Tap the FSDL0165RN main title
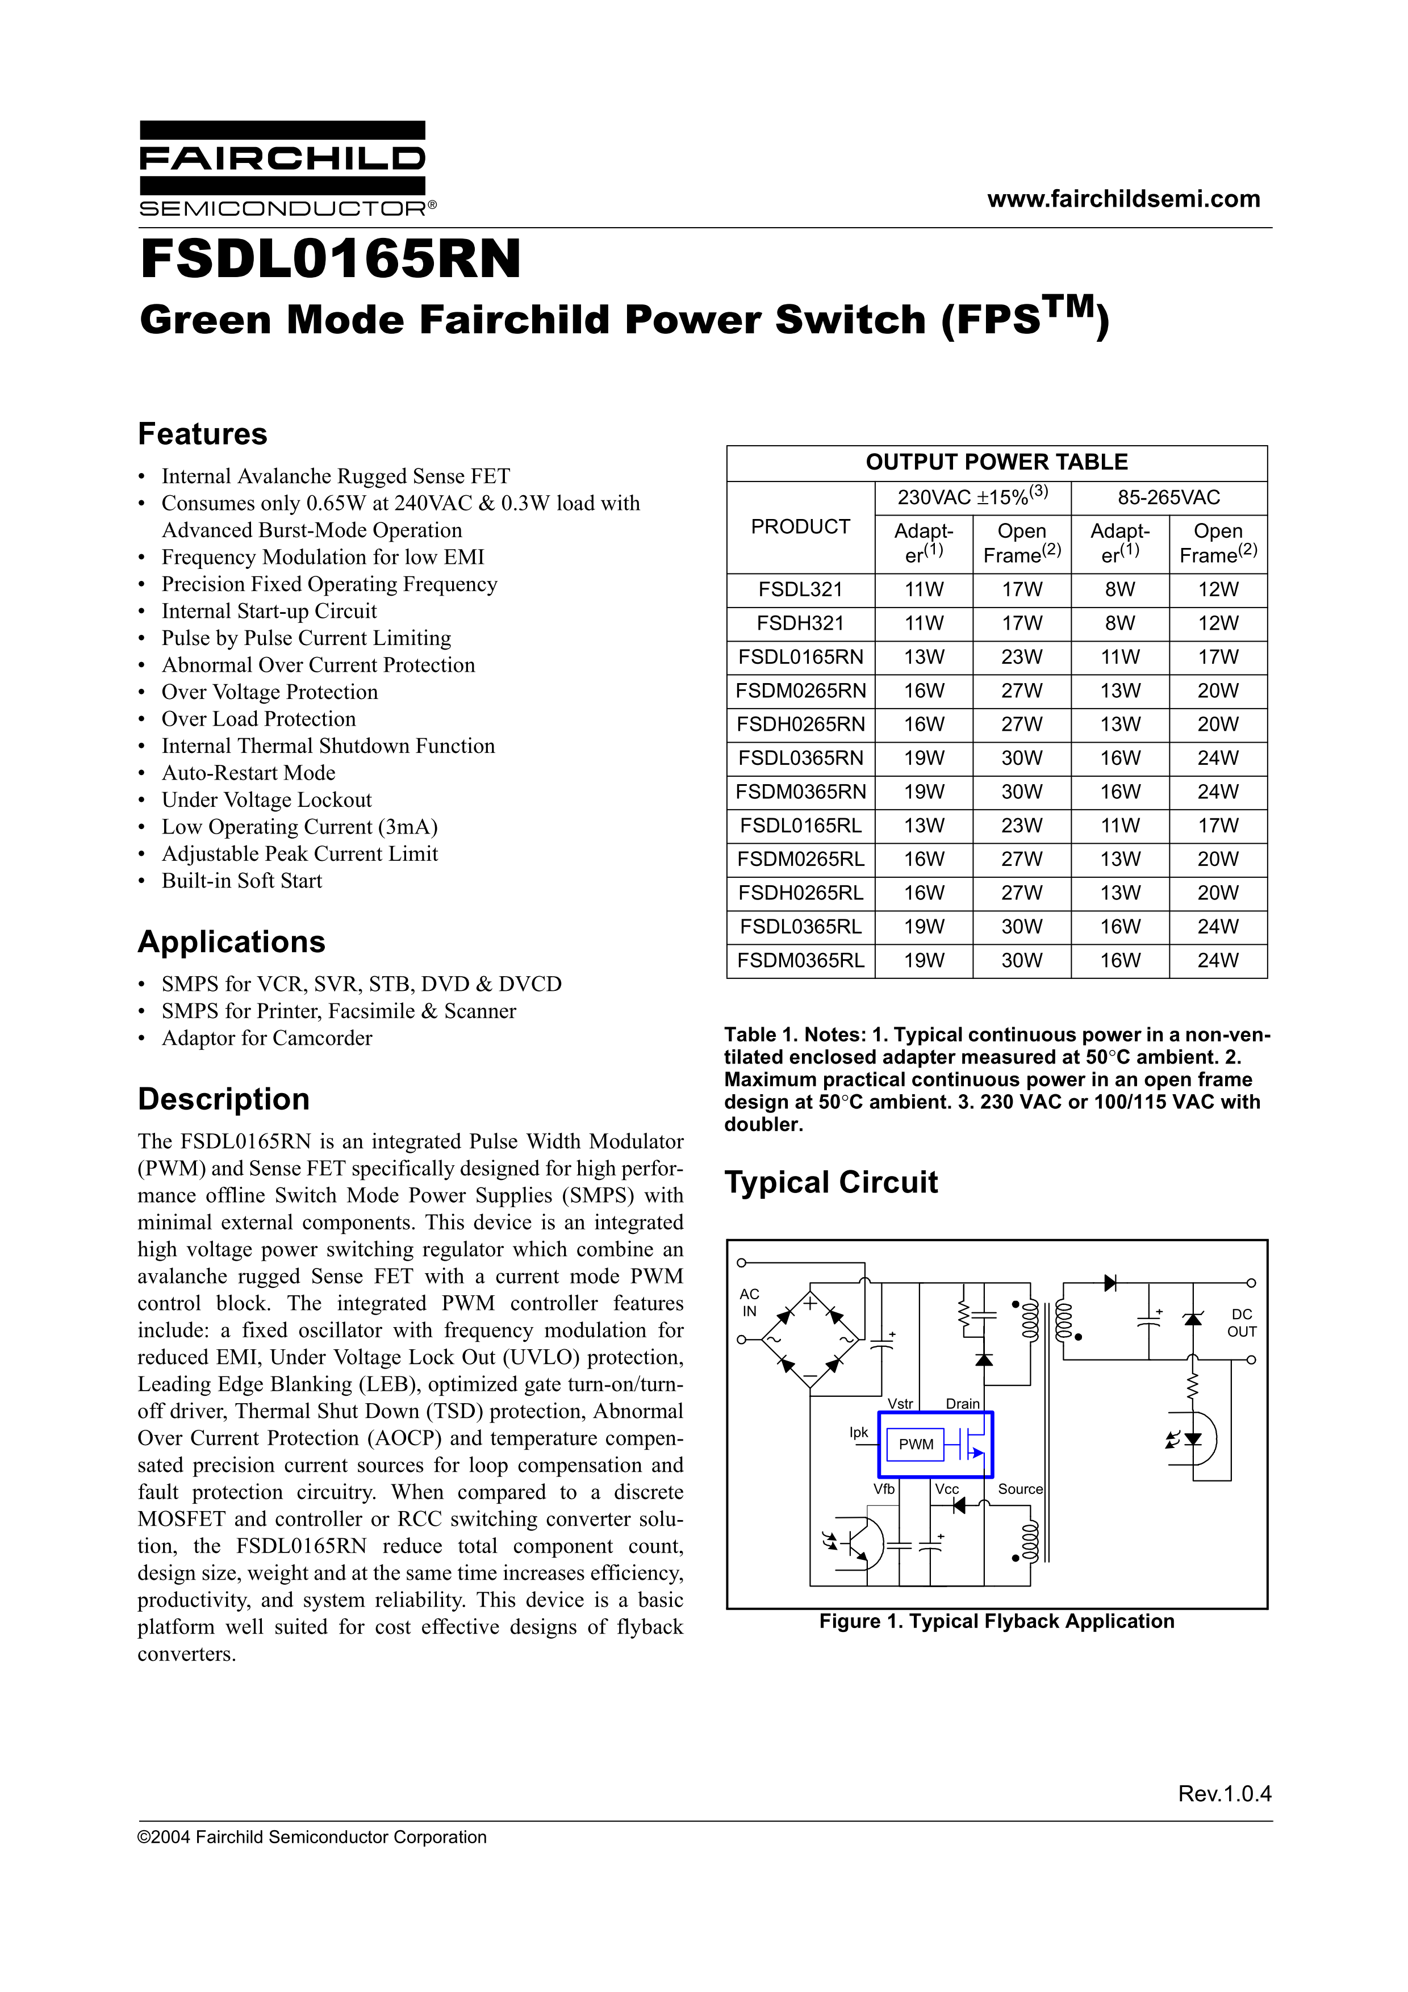coord(331,260)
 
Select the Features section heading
coord(203,434)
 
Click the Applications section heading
coord(232,942)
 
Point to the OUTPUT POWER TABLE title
coord(996,462)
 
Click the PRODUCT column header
coord(800,526)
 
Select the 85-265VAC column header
coord(1168,497)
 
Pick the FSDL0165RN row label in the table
coord(800,658)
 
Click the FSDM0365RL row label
coord(800,960)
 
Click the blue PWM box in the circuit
coord(916,1445)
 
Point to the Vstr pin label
coord(900,1404)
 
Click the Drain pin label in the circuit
coord(962,1404)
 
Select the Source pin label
coord(1020,1489)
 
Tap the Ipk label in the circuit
coord(858,1433)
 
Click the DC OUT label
coord(1242,1323)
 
